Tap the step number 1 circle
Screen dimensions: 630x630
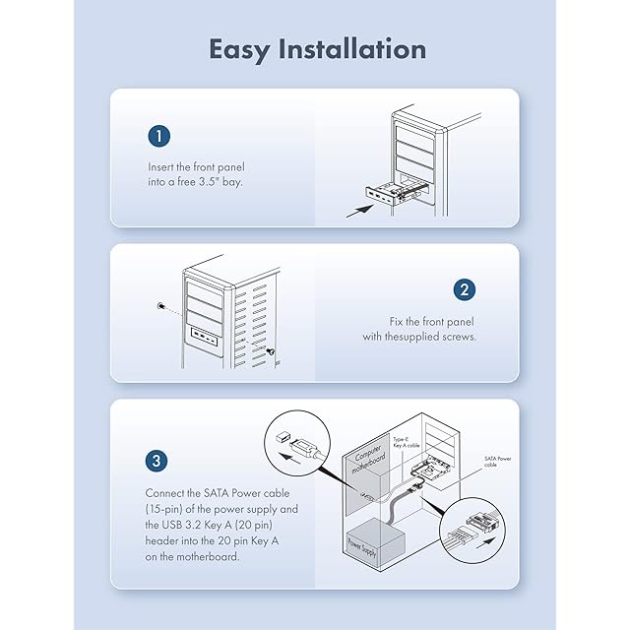(158, 136)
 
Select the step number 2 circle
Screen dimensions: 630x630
(465, 289)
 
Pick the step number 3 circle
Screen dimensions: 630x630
(157, 460)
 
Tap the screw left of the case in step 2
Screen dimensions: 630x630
(159, 306)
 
